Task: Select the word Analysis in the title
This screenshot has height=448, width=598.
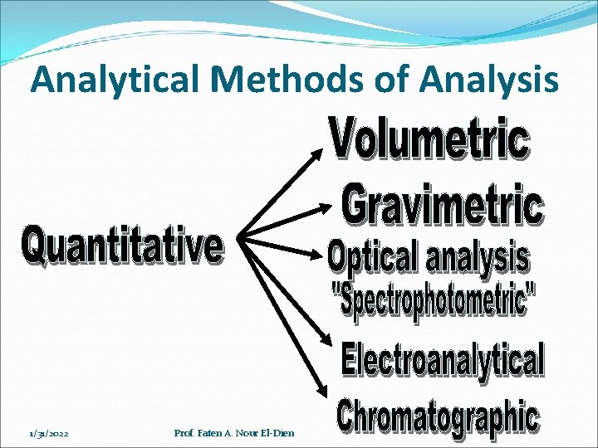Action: [x=489, y=80]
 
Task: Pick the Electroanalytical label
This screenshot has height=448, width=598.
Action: [x=443, y=361]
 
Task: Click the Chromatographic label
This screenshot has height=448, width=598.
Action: [x=437, y=417]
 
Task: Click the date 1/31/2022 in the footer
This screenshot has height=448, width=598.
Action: [x=49, y=433]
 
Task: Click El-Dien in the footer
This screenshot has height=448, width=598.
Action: [x=277, y=433]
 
